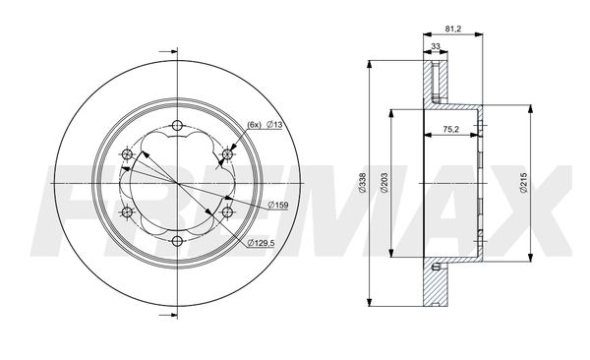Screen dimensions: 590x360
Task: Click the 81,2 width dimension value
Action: pyautogui.click(x=453, y=29)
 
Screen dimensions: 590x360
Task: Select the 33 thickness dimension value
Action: pyautogui.click(x=436, y=46)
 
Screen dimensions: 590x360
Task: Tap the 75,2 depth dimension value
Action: pyautogui.click(x=450, y=129)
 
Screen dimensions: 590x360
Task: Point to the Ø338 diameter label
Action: pyautogui.click(x=362, y=183)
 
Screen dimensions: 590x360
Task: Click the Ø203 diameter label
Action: pyautogui.click(x=384, y=183)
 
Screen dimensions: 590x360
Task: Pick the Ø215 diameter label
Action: pyautogui.click(x=524, y=183)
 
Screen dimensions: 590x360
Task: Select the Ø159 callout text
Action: pyautogui.click(x=278, y=205)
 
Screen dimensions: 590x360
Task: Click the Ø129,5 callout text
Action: pyautogui.click(x=262, y=243)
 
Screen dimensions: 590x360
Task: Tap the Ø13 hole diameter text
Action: pyautogui.click(x=274, y=125)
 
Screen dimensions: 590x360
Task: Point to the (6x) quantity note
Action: pyautogui.click(x=254, y=125)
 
